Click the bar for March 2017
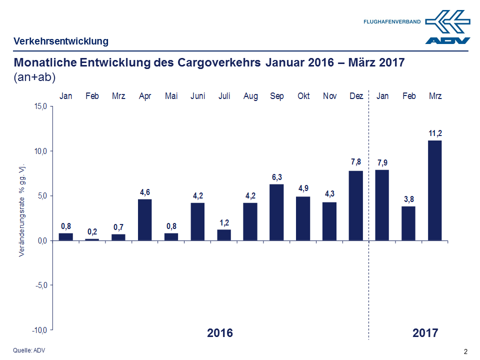(435, 190)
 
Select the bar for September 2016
(276, 212)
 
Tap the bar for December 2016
(356, 205)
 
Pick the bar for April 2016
(144, 220)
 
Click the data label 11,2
(435, 133)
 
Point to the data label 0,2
(92, 231)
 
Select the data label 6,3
(276, 177)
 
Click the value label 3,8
(408, 199)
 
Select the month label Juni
(197, 96)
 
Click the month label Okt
(303, 96)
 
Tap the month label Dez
(356, 96)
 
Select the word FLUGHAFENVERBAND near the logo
(391, 21)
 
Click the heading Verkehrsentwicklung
(61, 41)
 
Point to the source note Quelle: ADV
(29, 350)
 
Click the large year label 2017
(425, 333)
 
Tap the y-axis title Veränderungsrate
(22, 210)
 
